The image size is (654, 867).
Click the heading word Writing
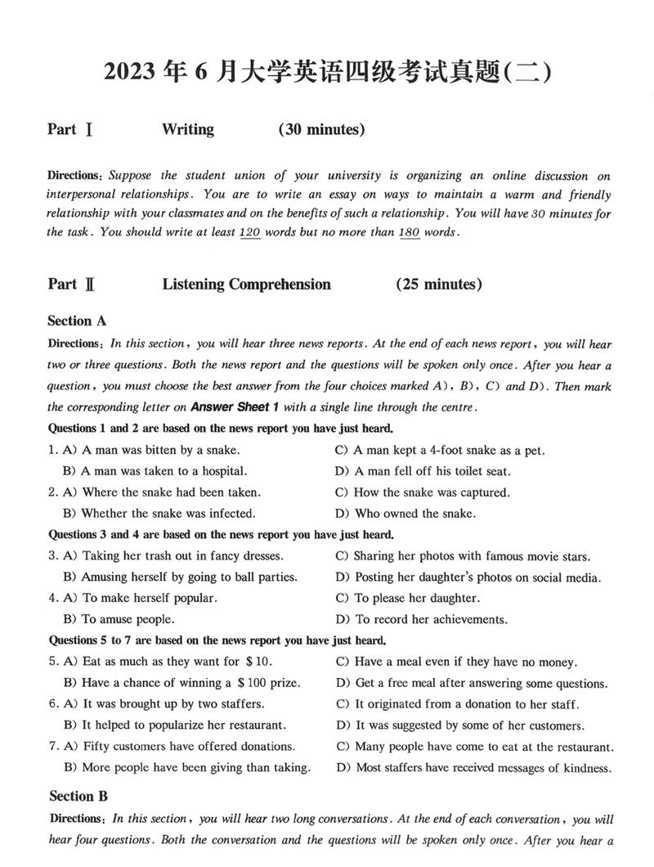tap(188, 129)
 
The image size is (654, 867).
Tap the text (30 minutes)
tap(321, 129)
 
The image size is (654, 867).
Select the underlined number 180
tap(409, 232)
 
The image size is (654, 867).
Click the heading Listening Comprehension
tap(246, 285)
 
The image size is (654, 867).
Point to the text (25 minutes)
tap(439, 285)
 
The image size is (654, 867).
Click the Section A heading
tap(77, 321)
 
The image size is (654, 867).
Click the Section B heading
tap(78, 797)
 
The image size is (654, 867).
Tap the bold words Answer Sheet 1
tap(235, 407)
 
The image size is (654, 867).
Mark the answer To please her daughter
tap(407, 598)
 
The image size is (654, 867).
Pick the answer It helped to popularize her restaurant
tap(175, 725)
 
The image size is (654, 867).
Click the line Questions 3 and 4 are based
tap(221, 535)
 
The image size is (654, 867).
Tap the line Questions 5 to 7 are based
tap(217, 640)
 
